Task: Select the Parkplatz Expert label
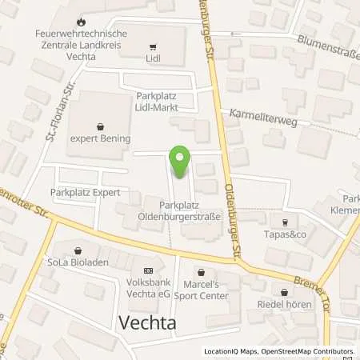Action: pos(80,193)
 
